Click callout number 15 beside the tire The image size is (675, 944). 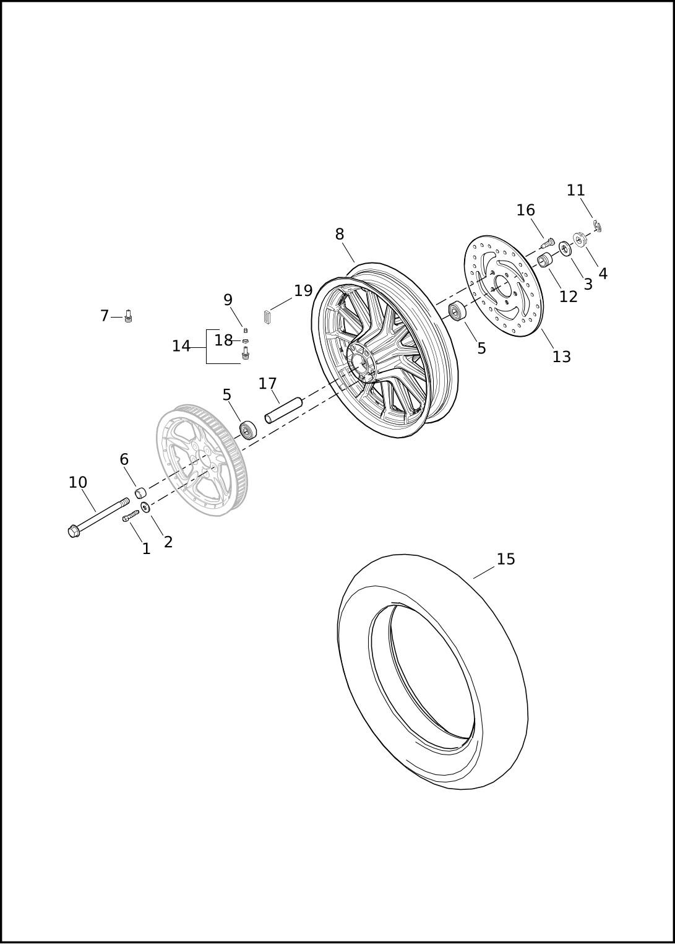[505, 559]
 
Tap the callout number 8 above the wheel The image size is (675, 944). [340, 235]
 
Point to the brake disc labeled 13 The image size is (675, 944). [506, 286]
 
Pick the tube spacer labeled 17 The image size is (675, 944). [284, 409]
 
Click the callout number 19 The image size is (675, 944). [303, 291]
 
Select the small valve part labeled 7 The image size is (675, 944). [129, 316]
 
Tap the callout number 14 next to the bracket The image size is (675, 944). [181, 347]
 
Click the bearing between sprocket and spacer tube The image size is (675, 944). [248, 430]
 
